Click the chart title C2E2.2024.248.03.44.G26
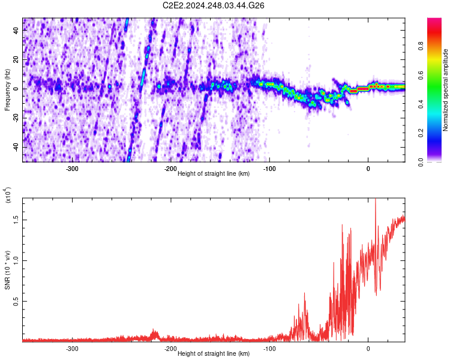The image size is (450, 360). [x=214, y=5]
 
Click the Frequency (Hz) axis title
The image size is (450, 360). [x=7, y=89]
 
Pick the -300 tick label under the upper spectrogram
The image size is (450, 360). [x=72, y=169]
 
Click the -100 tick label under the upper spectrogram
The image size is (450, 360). [x=269, y=169]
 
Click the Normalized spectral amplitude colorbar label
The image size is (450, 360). [x=446, y=90]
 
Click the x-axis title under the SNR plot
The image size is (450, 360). [x=214, y=354]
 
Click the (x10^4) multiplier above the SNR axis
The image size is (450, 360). [x=7, y=195]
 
